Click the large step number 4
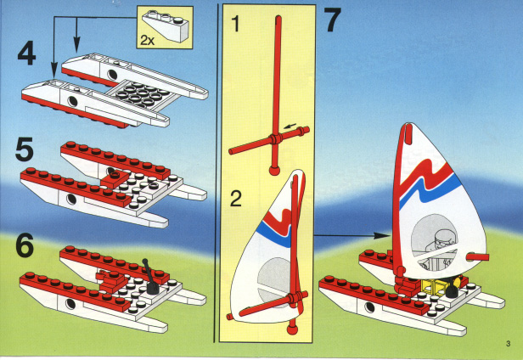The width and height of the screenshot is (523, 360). (26, 54)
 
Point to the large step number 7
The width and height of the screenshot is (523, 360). (333, 20)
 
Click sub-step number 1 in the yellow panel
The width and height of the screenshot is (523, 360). (236, 24)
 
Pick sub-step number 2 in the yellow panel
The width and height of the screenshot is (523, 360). (236, 199)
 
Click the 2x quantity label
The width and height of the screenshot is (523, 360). (147, 41)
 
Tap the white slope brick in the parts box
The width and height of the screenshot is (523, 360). (166, 25)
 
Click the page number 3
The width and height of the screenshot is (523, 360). (508, 343)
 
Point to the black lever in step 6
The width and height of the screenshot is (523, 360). (150, 278)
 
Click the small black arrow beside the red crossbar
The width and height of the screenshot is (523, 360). (290, 127)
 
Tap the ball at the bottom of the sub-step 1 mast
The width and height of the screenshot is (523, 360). (274, 171)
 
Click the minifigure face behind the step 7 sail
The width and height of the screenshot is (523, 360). (441, 240)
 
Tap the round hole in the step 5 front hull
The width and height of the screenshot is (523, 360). (71, 200)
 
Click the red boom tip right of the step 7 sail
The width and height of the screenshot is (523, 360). (477, 256)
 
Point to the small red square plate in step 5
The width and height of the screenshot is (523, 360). (115, 178)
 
